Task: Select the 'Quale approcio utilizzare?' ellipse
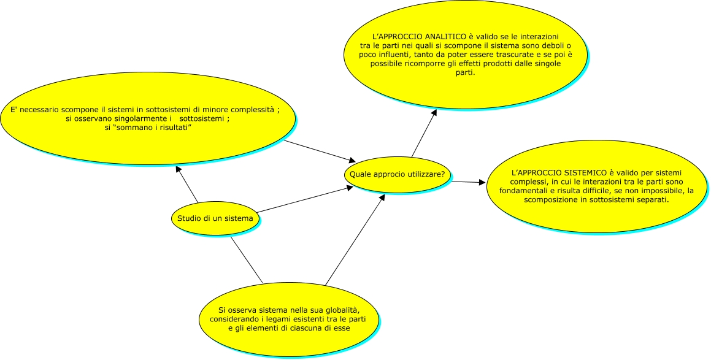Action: [x=397, y=175]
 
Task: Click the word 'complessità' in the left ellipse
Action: [x=250, y=110]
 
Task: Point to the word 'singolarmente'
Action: [x=142, y=119]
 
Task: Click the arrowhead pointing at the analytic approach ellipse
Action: [x=434, y=112]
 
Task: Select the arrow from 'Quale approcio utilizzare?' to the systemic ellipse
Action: [x=469, y=182]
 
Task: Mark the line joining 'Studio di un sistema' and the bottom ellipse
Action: [x=246, y=259]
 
